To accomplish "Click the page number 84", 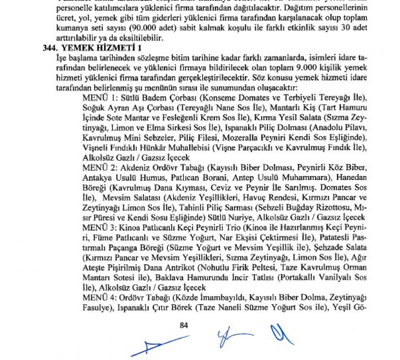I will tap(184, 325).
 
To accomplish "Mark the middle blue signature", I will tap(234, 338).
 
